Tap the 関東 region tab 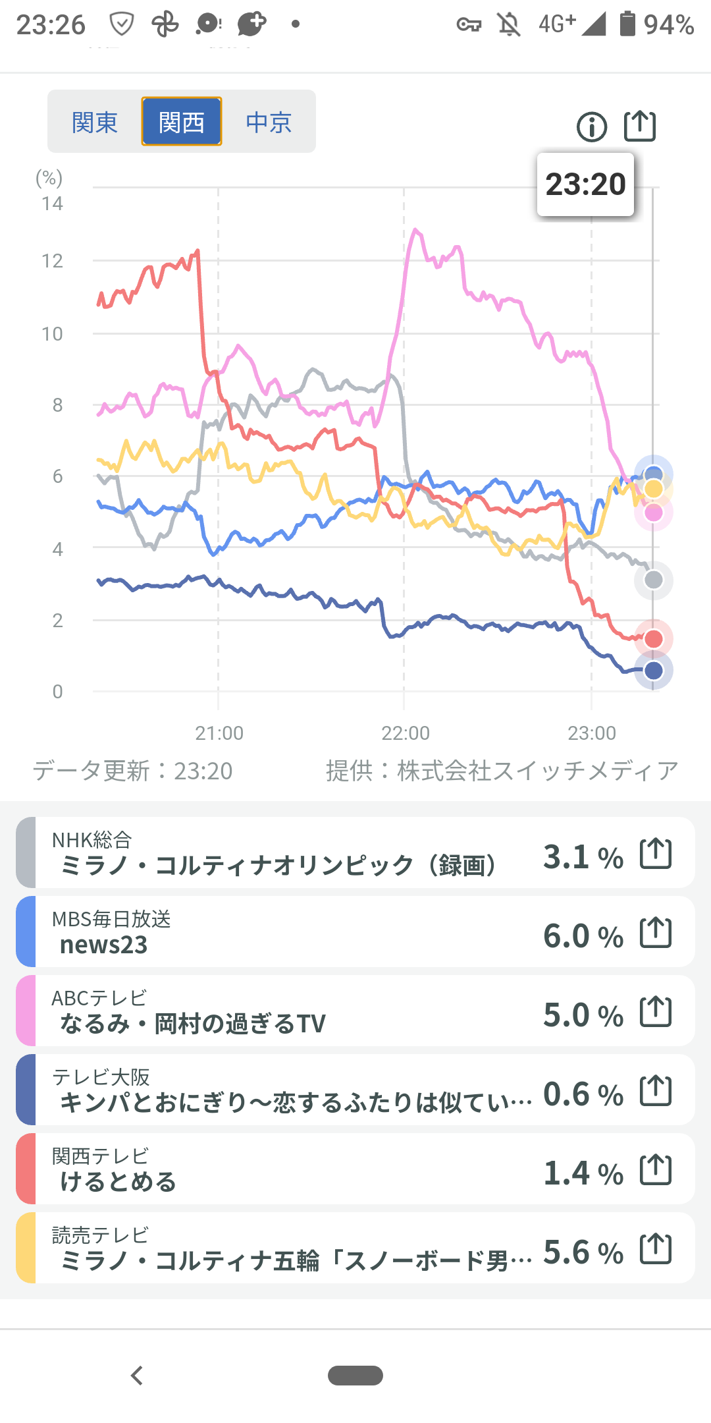click(x=95, y=122)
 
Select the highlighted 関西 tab click(x=182, y=122)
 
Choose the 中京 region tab click(x=269, y=122)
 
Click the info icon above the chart click(x=592, y=126)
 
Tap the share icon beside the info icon click(x=640, y=126)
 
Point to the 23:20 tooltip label click(x=585, y=184)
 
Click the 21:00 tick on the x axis click(x=219, y=733)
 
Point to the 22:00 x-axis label click(x=406, y=733)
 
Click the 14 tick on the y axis click(x=52, y=204)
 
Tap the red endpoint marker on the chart click(x=654, y=638)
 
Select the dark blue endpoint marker click(x=654, y=671)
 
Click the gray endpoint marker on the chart click(x=654, y=580)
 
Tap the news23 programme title click(x=104, y=945)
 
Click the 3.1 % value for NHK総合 click(x=583, y=857)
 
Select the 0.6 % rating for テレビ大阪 click(x=583, y=1094)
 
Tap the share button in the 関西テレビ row click(x=656, y=1170)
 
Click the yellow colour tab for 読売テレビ click(x=26, y=1248)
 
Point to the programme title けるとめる click(x=118, y=1182)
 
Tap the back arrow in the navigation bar click(x=137, y=1376)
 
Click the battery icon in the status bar click(x=627, y=24)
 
